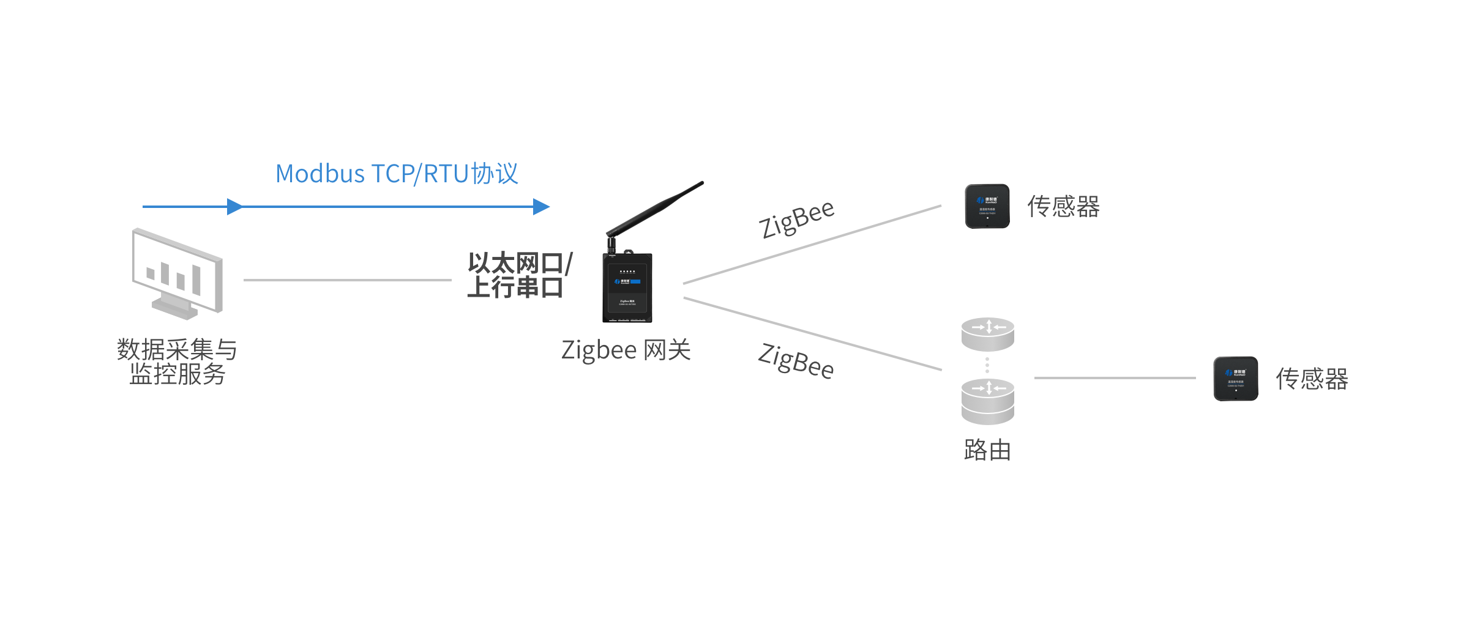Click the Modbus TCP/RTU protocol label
click(x=397, y=174)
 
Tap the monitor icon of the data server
click(x=178, y=273)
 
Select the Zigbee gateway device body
click(x=627, y=287)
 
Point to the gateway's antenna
click(x=655, y=208)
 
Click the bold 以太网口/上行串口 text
click(x=519, y=275)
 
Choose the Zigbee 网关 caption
click(x=626, y=350)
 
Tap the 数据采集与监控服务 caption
click(x=177, y=361)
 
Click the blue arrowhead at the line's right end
click(x=541, y=207)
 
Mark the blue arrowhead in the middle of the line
click(x=234, y=207)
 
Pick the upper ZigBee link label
click(x=796, y=219)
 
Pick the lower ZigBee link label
click(x=796, y=361)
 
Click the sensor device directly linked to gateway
click(x=987, y=206)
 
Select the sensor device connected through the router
click(x=1236, y=379)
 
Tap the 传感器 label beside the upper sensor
click(x=1063, y=207)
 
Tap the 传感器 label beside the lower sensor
click(x=1312, y=379)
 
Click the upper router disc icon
click(x=987, y=334)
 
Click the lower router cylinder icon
click(x=987, y=401)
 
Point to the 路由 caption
click(x=987, y=450)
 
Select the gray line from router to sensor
click(x=1114, y=378)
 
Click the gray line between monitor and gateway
click(x=347, y=280)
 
